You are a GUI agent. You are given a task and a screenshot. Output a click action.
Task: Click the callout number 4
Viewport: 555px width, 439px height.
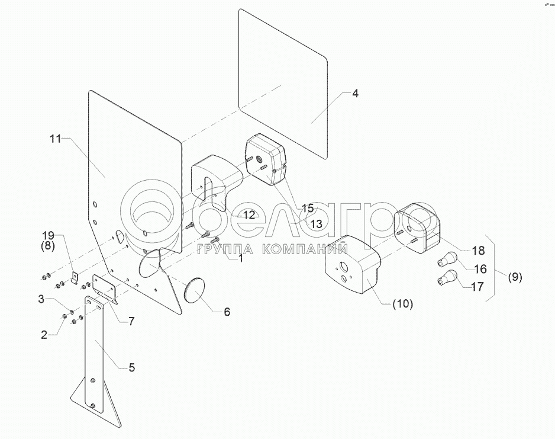pyautogui.click(x=354, y=94)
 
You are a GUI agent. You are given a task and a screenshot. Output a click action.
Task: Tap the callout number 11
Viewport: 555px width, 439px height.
pyautogui.click(x=55, y=139)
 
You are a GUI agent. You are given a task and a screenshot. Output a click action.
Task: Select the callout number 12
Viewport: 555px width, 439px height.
pyautogui.click(x=249, y=215)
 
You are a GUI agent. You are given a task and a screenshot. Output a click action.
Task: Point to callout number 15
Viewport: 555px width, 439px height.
pyautogui.click(x=308, y=208)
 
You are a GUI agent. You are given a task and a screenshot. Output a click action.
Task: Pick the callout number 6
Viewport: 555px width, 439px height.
pyautogui.click(x=227, y=311)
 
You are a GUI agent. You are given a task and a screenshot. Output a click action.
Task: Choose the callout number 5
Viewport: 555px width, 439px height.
pyautogui.click(x=131, y=367)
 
